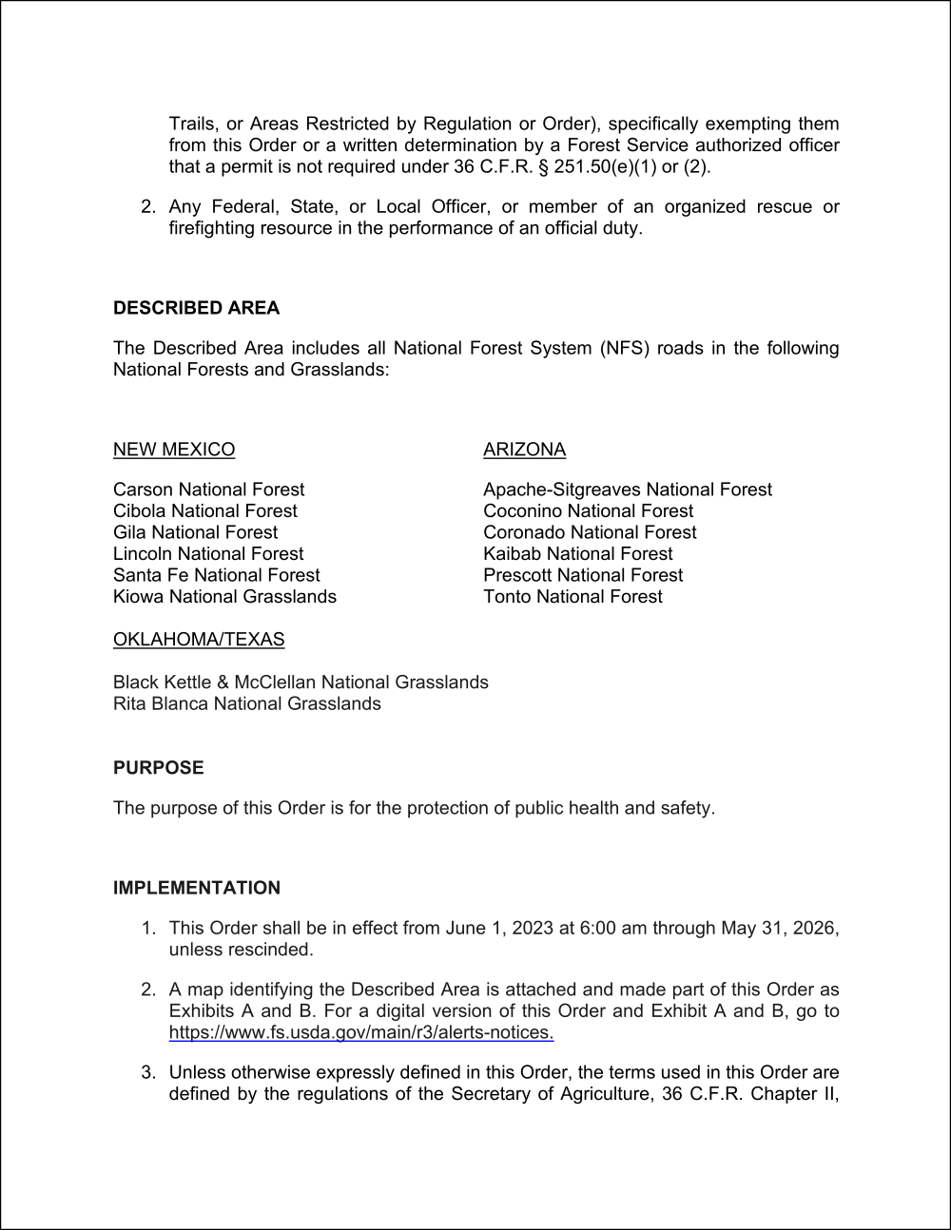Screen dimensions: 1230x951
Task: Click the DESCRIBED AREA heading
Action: click(196, 308)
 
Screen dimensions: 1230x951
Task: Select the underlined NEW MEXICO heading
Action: click(174, 450)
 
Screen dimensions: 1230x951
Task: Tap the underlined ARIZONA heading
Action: click(524, 450)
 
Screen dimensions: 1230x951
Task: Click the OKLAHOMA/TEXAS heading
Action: click(199, 640)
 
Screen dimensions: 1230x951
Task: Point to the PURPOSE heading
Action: click(158, 767)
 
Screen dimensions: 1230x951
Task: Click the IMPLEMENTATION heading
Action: click(197, 888)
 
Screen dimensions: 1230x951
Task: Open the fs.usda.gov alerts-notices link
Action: click(361, 1032)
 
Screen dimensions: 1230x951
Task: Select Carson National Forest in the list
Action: click(208, 490)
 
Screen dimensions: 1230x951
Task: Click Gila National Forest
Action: click(195, 532)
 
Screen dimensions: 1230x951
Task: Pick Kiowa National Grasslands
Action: click(224, 596)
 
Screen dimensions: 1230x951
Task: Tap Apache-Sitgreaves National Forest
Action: click(627, 490)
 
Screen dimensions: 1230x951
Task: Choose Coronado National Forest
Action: click(590, 532)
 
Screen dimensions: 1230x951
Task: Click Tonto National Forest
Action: click(573, 596)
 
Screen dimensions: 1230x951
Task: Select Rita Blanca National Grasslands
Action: click(246, 703)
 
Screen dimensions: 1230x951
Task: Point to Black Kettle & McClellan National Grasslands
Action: click(301, 682)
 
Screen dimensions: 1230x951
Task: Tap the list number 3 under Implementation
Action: click(148, 1072)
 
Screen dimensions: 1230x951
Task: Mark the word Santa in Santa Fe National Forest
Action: click(137, 575)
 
